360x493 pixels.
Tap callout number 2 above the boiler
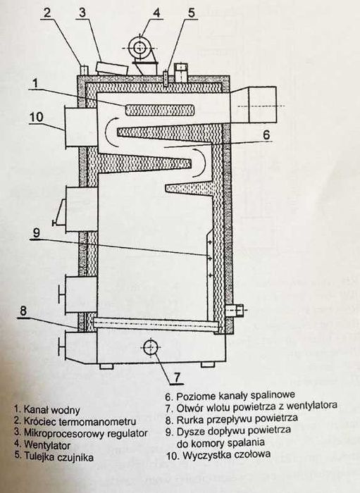point(46,11)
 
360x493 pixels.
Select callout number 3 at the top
point(82,11)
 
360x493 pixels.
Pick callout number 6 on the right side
point(266,132)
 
